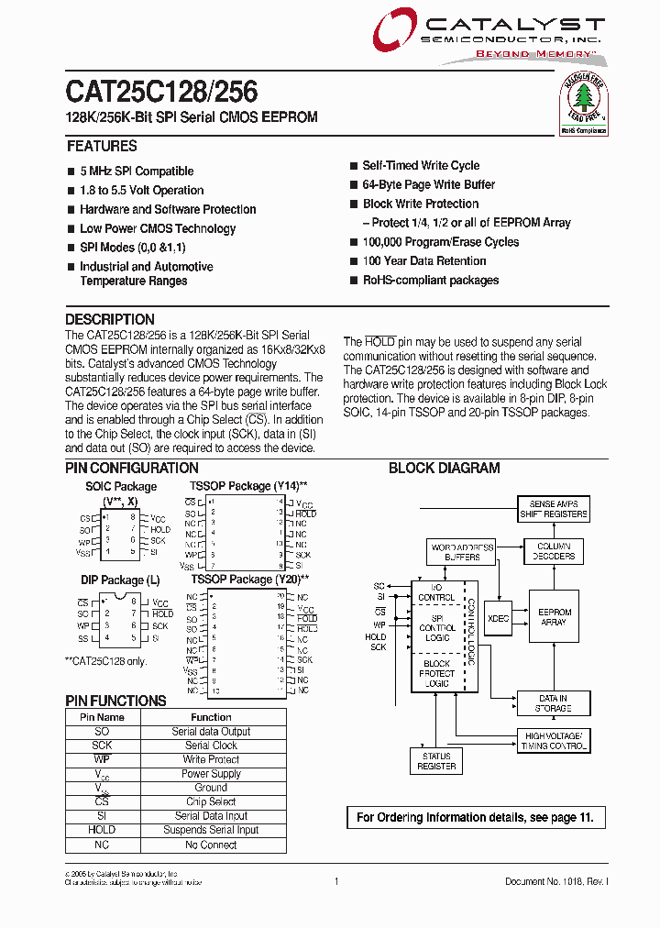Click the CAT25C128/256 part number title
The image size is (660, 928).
click(161, 93)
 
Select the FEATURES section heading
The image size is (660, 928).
click(102, 147)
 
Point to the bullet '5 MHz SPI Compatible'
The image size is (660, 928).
click(137, 171)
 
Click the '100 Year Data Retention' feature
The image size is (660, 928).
click(423, 261)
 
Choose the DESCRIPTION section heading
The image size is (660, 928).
click(110, 320)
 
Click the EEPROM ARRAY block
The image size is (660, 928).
click(554, 617)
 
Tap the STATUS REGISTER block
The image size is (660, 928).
click(436, 761)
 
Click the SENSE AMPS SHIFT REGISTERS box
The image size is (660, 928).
click(553, 509)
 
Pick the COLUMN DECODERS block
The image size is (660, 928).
click(554, 551)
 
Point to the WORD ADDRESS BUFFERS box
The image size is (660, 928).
click(462, 552)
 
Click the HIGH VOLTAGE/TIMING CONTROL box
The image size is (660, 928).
click(553, 741)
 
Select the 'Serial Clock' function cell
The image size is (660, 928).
click(211, 746)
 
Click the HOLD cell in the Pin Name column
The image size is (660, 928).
click(102, 830)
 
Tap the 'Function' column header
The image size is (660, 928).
click(211, 717)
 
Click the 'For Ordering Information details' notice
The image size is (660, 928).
click(475, 817)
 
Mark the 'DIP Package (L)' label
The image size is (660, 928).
click(121, 580)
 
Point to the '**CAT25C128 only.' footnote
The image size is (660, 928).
click(105, 661)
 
